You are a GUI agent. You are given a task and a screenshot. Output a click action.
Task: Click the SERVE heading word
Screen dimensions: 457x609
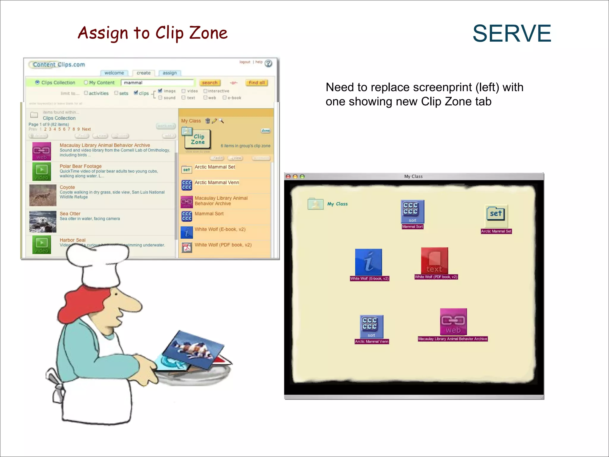[512, 33]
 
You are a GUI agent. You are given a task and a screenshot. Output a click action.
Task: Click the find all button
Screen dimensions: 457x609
[257, 83]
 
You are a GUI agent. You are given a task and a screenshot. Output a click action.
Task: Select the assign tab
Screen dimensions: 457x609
[169, 73]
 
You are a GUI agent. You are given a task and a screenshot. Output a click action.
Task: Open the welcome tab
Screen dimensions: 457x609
[114, 73]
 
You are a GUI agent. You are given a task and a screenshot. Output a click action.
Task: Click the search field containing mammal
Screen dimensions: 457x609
[158, 83]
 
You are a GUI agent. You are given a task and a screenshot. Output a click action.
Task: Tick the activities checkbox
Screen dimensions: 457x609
[86, 93]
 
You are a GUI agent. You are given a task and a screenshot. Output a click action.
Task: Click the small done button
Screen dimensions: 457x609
[266, 131]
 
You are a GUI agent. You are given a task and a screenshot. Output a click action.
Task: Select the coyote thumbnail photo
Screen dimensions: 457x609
[43, 195]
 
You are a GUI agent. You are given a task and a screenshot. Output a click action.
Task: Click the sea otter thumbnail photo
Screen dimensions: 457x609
[43, 222]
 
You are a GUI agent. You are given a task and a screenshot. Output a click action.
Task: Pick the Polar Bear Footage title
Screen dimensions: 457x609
[81, 166]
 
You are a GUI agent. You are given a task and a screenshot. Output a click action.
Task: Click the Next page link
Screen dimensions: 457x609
[86, 129]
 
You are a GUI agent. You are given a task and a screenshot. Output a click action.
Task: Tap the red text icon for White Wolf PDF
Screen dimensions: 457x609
[434, 261]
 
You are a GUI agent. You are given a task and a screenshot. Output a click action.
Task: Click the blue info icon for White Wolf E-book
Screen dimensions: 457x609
[368, 262]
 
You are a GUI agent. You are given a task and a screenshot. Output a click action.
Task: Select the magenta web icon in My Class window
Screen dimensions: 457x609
[453, 322]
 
